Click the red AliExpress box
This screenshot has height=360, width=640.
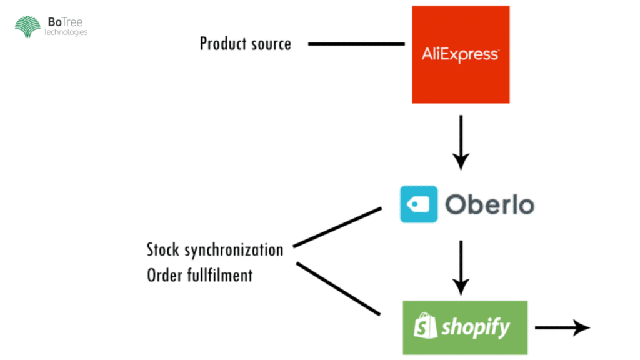tap(461, 25)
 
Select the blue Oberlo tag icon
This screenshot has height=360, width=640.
tap(419, 204)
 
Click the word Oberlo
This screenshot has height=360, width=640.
tap(489, 204)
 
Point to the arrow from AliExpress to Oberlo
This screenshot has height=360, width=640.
tap(461, 142)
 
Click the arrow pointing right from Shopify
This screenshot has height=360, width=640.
tap(562, 327)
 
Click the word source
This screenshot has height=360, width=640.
tap(271, 44)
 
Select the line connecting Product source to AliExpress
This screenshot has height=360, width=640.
tap(356, 44)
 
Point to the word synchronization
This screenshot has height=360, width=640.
tap(234, 250)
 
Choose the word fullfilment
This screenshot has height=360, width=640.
tap(220, 274)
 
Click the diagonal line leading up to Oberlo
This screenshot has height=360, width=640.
tap(337, 227)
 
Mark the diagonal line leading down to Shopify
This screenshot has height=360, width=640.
tap(337, 288)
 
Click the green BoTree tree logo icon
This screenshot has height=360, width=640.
tap(27, 27)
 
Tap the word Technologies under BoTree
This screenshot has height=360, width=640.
tap(66, 32)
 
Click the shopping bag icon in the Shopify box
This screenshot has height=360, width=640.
tap(426, 326)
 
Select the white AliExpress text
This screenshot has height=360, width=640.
tap(461, 55)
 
